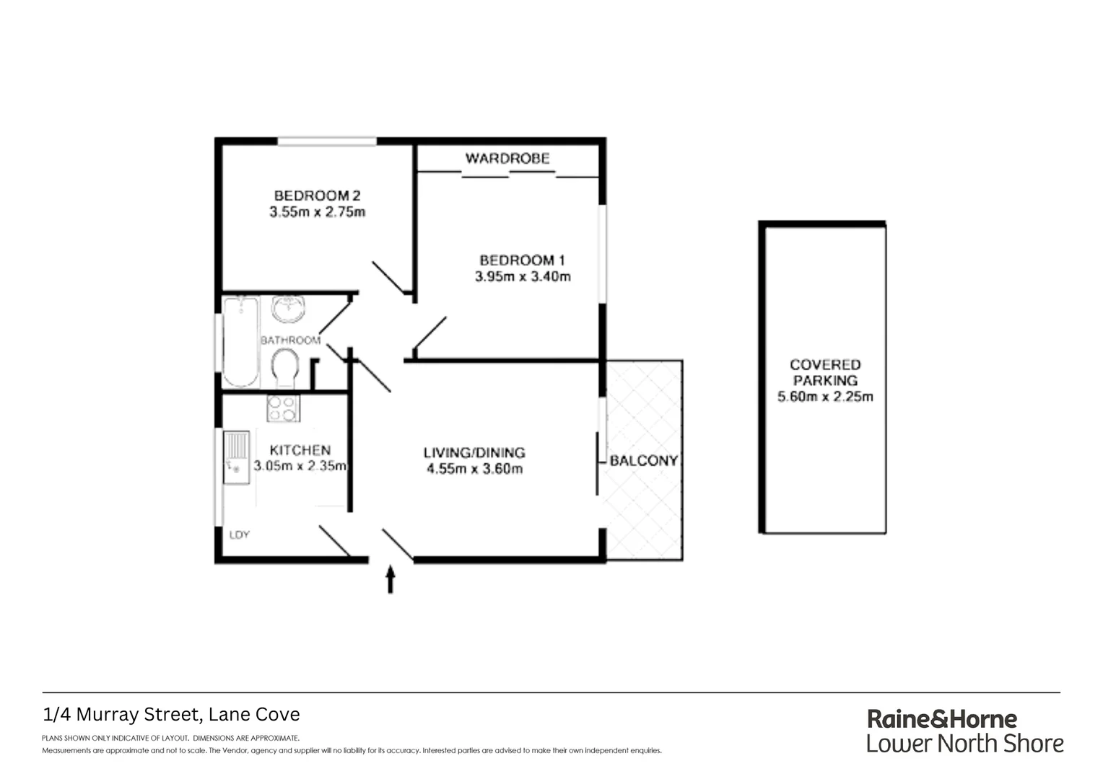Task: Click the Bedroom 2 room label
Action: pos(317,195)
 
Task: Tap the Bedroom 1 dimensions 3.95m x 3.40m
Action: pos(523,276)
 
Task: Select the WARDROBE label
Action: pos(507,158)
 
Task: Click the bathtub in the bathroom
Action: pos(240,341)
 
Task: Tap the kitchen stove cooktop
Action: pos(283,409)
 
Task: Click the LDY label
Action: pos(239,534)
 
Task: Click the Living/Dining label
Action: pos(474,452)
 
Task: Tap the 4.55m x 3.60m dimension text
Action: pos(474,469)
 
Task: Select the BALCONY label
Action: pos(644,460)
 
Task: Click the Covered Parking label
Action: pos(825,372)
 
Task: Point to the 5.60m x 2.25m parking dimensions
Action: pos(825,397)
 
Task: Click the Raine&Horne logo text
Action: pos(941,718)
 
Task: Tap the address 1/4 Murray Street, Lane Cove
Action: pos(172,715)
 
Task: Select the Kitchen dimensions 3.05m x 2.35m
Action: pos(300,466)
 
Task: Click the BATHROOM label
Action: pos(290,340)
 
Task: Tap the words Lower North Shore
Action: pos(964,744)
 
